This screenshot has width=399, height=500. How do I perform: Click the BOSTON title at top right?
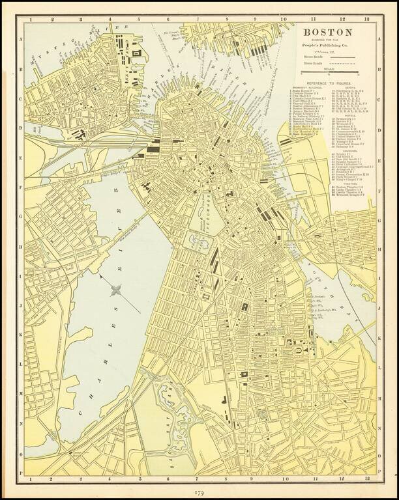click(327, 32)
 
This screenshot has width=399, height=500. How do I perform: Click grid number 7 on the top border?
click(198, 20)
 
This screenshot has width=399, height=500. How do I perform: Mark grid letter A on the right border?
click(379, 39)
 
